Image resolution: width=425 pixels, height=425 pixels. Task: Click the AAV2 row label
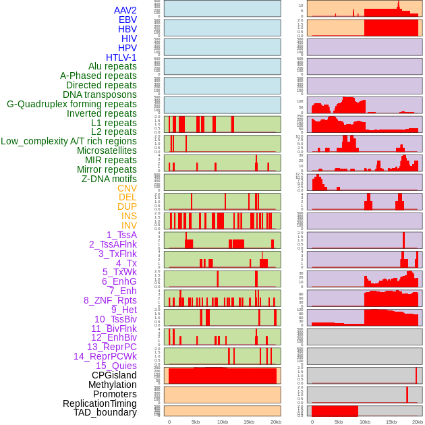tap(125, 10)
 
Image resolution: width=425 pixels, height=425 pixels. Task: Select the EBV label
tap(128, 20)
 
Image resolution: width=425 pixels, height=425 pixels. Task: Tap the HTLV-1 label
tap(121, 57)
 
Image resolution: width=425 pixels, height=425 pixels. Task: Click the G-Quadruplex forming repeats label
tap(72, 104)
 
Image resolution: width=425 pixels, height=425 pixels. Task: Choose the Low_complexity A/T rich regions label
tap(69, 141)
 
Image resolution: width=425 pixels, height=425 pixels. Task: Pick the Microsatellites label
tap(107, 150)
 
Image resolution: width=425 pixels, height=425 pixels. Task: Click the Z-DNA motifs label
tap(109, 179)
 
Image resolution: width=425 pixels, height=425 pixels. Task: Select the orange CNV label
tap(127, 188)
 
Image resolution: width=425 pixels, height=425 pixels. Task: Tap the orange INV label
tap(129, 225)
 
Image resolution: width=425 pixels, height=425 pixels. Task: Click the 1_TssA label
tap(121, 235)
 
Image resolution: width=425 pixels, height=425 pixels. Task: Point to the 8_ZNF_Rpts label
tap(110, 300)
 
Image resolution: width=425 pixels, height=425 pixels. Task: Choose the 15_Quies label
tap(116, 366)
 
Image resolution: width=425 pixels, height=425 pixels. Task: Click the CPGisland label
tap(114, 375)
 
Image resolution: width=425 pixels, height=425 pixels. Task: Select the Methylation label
tap(113, 385)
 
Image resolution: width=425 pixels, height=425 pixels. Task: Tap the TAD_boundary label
tap(105, 412)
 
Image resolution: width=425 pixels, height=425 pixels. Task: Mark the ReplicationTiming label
tap(100, 403)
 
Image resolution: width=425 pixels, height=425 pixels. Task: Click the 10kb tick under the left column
tap(222, 422)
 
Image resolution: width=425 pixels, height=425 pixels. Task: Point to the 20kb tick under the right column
tap(418, 422)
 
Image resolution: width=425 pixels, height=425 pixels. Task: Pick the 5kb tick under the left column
tap(196, 422)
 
